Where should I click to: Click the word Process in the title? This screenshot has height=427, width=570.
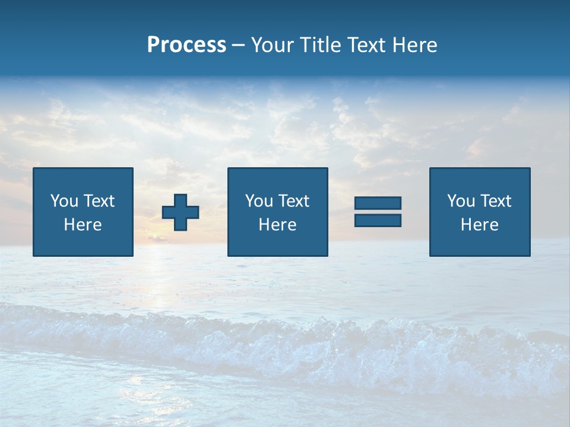pyautogui.click(x=186, y=45)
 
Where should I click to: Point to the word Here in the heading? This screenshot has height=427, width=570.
pyautogui.click(x=415, y=45)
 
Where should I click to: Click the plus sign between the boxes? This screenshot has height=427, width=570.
pyautogui.click(x=180, y=212)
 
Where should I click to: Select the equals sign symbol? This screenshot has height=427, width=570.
pyautogui.click(x=378, y=212)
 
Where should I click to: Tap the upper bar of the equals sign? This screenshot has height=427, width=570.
pyautogui.click(x=378, y=203)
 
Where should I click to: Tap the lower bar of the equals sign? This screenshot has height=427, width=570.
pyautogui.click(x=378, y=220)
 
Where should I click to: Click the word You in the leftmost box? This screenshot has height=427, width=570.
pyautogui.click(x=64, y=201)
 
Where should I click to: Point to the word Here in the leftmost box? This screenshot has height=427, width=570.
pyautogui.click(x=83, y=225)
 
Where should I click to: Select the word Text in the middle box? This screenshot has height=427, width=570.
pyautogui.click(x=294, y=201)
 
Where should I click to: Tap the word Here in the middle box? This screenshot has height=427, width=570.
pyautogui.click(x=277, y=225)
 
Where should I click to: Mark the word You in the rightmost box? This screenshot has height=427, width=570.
pyautogui.click(x=461, y=201)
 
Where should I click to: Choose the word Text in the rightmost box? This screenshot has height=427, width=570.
pyautogui.click(x=496, y=201)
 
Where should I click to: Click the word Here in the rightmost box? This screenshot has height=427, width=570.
pyautogui.click(x=479, y=225)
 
